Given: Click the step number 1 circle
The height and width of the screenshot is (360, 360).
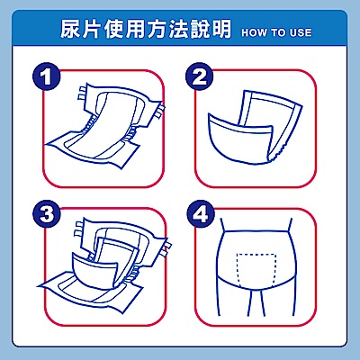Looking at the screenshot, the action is click(47, 76).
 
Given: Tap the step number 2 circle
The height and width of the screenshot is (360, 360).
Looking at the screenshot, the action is click(200, 76).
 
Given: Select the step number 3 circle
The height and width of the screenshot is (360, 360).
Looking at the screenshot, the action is click(47, 214).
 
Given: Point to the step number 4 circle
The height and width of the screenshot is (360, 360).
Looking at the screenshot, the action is click(201, 214).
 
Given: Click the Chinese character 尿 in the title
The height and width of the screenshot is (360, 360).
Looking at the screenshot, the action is click(70, 29).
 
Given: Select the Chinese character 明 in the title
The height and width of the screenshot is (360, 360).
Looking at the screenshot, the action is click(221, 29).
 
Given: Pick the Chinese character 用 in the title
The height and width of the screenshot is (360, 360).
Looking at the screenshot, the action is click(135, 29).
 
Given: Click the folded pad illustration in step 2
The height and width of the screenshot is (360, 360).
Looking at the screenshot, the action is click(255, 128).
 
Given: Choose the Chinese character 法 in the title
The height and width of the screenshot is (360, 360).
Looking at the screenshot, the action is click(178, 29).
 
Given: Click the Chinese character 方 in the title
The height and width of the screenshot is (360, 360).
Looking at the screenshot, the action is click(157, 29).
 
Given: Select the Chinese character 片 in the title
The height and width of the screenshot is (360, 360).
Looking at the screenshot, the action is click(92, 29).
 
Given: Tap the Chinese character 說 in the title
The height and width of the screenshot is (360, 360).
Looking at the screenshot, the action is click(200, 29).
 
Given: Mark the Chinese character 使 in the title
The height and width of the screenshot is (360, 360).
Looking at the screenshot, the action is click(113, 29).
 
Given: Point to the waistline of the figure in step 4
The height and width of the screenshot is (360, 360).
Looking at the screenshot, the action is click(256, 231).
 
